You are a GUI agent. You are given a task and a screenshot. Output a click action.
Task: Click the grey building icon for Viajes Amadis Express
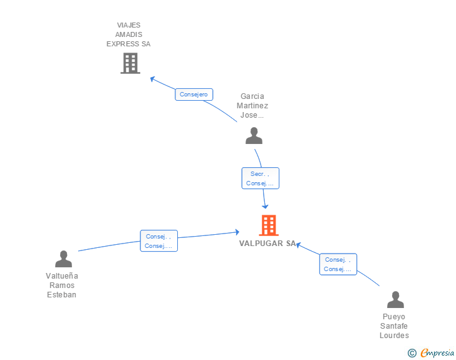[x=130, y=63]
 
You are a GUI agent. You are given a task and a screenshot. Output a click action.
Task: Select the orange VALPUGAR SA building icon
[x=269, y=225]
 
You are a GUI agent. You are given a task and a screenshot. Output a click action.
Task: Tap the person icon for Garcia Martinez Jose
[x=254, y=136]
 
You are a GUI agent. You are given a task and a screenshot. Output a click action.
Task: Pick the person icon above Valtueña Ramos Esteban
[x=63, y=259]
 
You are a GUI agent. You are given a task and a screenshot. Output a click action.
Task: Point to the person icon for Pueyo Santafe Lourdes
[x=395, y=300]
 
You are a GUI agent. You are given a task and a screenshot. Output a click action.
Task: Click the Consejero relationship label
[x=194, y=95]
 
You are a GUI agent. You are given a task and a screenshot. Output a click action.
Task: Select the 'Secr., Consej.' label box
[x=260, y=178]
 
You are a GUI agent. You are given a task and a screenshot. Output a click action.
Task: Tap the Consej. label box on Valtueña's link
[x=158, y=241]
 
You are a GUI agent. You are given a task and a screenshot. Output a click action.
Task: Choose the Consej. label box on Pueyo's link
[x=338, y=264]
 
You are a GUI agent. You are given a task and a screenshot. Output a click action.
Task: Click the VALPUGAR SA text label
[x=267, y=244]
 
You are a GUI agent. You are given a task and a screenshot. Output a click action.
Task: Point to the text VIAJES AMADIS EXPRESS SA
[x=128, y=34]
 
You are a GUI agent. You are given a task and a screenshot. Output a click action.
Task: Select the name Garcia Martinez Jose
[x=252, y=106]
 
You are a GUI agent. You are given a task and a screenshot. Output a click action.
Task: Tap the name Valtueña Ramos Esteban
[x=62, y=285]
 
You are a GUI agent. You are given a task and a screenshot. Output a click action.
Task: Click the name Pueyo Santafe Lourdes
[x=394, y=326]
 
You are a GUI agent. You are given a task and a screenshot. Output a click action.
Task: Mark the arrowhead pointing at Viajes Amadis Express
[x=153, y=79]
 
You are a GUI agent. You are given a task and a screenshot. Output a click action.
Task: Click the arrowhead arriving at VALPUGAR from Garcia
[x=265, y=206]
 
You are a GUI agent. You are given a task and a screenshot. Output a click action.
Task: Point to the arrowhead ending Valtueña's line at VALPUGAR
[x=237, y=232]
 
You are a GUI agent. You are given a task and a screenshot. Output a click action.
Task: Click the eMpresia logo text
[x=437, y=352]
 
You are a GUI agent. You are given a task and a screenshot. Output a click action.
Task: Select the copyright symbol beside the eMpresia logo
[x=412, y=353]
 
